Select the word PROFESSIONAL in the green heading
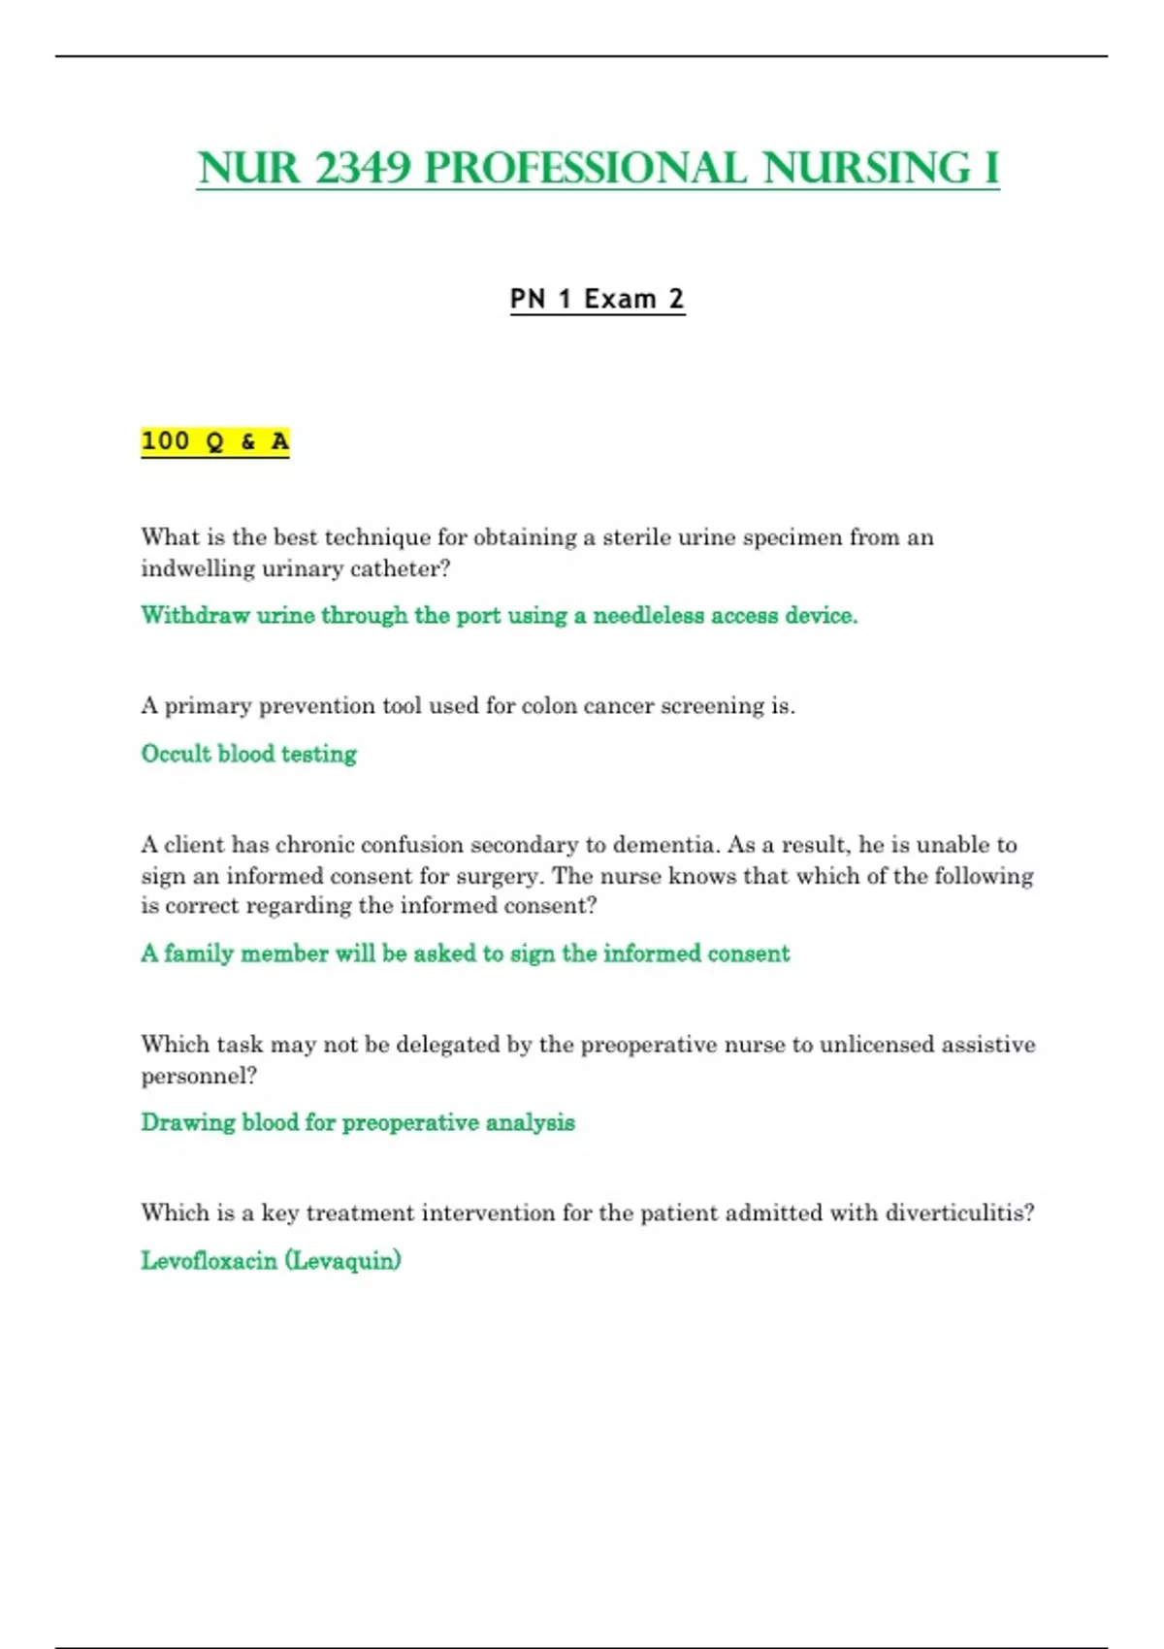(585, 168)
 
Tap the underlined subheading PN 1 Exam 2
(598, 299)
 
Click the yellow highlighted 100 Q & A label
(215, 441)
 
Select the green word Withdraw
(195, 615)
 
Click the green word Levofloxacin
(209, 1261)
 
